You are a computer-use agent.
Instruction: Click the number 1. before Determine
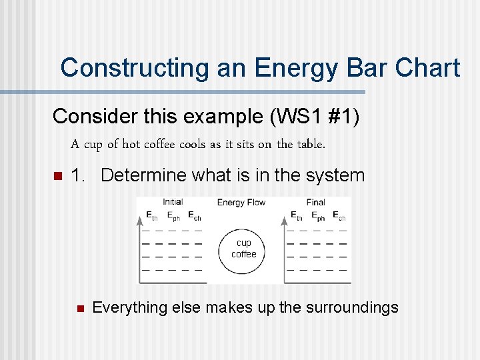click(79, 175)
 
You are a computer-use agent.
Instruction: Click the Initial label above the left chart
click(173, 202)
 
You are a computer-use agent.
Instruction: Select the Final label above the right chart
click(315, 202)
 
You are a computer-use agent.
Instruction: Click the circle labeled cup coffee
click(243, 249)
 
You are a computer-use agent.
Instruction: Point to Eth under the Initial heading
click(152, 216)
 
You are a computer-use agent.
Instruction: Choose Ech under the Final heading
click(339, 216)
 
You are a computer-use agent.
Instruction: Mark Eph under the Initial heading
click(173, 216)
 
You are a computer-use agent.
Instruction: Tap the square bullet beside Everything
click(78, 309)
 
